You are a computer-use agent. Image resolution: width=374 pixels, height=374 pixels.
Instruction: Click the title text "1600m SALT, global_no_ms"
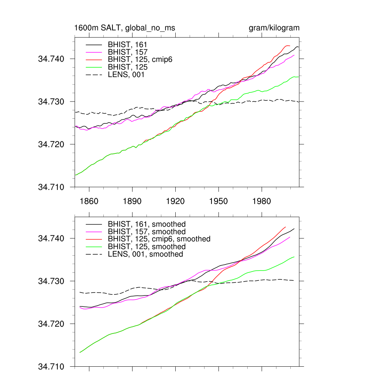(127, 28)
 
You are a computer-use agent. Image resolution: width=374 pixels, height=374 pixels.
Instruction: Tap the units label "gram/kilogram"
(274, 28)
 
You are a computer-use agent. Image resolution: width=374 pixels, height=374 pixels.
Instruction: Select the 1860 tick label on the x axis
(89, 201)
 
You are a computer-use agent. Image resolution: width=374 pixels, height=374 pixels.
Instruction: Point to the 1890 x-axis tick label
(132, 201)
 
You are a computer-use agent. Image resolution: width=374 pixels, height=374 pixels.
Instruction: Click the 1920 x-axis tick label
(175, 201)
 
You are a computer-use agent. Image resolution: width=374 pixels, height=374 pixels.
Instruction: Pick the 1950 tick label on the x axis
(218, 201)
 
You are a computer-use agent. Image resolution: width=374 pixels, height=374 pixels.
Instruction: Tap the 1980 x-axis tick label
(262, 201)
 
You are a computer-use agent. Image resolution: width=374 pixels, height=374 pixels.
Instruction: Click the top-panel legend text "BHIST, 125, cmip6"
(140, 60)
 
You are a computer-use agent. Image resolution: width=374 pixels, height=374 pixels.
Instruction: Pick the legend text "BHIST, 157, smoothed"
(147, 232)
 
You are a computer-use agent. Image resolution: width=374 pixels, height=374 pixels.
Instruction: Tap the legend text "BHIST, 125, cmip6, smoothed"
(159, 239)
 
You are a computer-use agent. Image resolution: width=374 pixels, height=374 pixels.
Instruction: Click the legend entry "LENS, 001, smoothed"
(145, 254)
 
